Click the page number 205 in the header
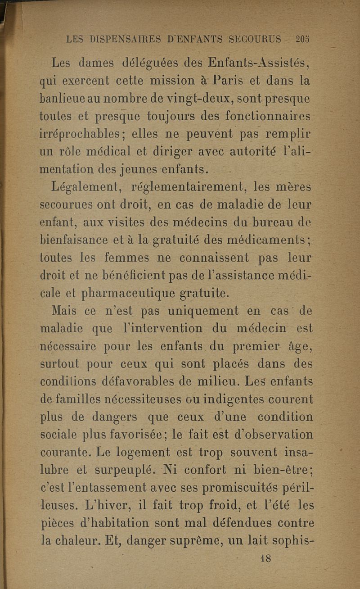click(x=302, y=39)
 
